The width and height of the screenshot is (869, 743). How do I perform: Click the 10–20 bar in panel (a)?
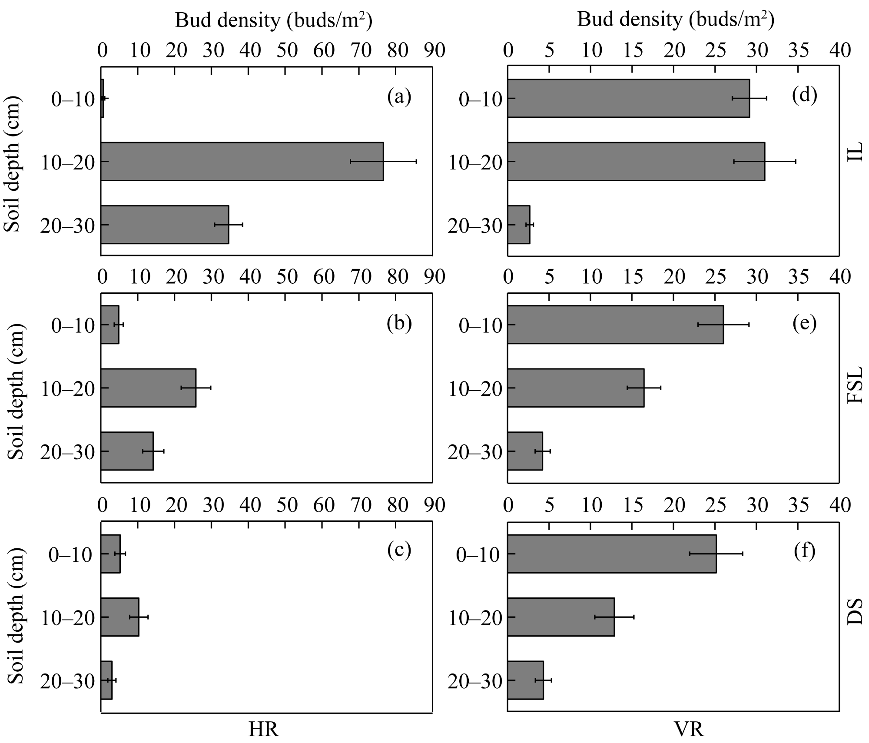(x=242, y=161)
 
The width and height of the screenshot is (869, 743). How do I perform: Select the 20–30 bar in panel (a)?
(x=165, y=224)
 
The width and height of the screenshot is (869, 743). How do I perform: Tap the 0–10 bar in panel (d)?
(x=628, y=98)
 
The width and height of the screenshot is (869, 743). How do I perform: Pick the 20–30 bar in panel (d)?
(x=518, y=224)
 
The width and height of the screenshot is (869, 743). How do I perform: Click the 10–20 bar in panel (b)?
(x=148, y=388)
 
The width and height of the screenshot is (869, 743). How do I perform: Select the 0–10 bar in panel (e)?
(x=615, y=325)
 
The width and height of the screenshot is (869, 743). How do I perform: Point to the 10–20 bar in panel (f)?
(x=561, y=617)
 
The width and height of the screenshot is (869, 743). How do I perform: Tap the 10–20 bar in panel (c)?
(x=119, y=617)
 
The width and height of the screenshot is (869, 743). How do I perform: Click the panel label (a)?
(x=399, y=97)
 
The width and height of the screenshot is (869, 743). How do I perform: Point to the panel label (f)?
(x=804, y=551)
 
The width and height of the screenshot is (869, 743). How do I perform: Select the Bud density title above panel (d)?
(x=676, y=20)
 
